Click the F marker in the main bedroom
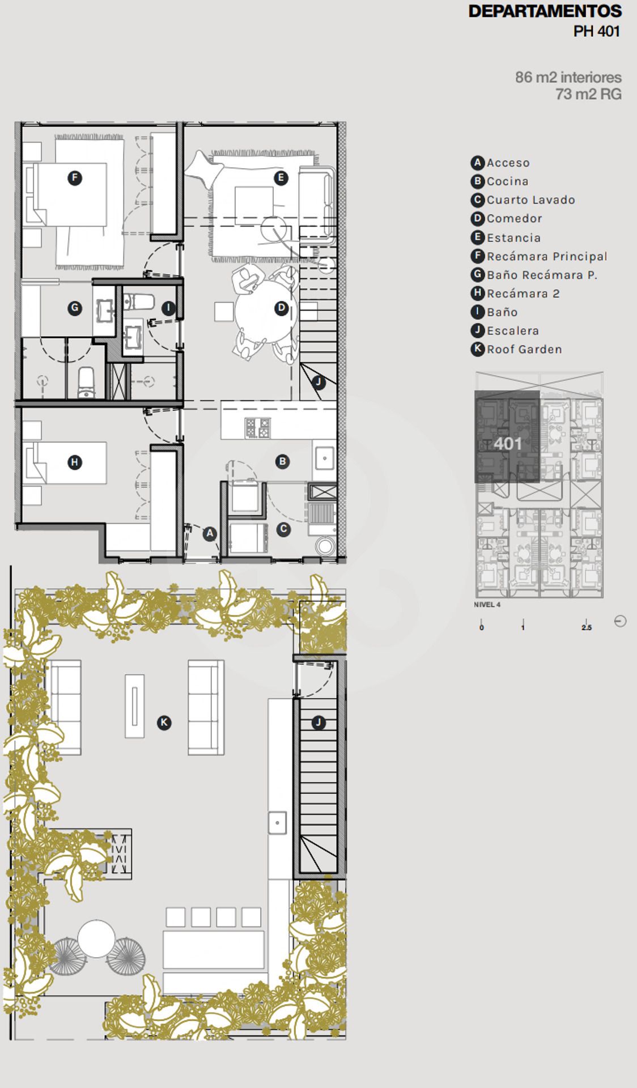tap(74, 178)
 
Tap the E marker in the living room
tap(281, 178)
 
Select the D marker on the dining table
tap(282, 308)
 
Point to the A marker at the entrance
tap(210, 533)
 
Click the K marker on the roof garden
tap(164, 722)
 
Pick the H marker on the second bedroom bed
tap(74, 462)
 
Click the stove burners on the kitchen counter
tap(257, 427)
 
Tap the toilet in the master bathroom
tap(87, 383)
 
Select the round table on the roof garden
tap(96, 938)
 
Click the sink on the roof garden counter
tap(277, 823)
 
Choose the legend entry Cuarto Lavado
tap(531, 200)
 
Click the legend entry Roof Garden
tap(524, 350)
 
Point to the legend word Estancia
tap(513, 238)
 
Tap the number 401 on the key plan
tap(507, 443)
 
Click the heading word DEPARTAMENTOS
tap(545, 11)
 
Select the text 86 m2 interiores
tap(568, 77)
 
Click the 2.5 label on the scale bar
tap(587, 628)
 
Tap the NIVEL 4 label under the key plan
tap(487, 605)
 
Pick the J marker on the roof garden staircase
tap(318, 722)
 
